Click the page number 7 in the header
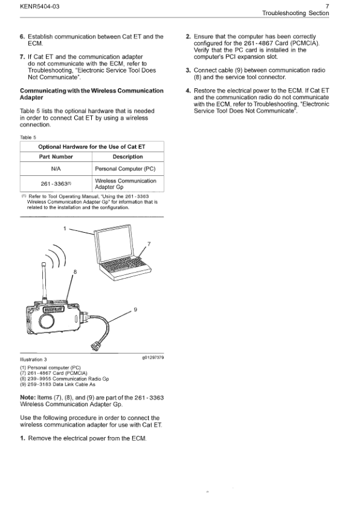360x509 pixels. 327,5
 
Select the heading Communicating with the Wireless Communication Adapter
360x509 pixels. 91,94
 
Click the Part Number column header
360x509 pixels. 56,157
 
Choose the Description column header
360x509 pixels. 127,157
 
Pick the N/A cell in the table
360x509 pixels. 56,170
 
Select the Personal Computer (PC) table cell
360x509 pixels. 127,170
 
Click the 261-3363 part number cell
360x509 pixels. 56,184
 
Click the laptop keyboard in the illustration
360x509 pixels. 124,264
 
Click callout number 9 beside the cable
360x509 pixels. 135,310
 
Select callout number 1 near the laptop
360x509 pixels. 65,228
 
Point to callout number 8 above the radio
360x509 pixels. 74,272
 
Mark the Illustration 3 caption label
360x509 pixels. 33,359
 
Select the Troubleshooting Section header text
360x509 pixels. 295,13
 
